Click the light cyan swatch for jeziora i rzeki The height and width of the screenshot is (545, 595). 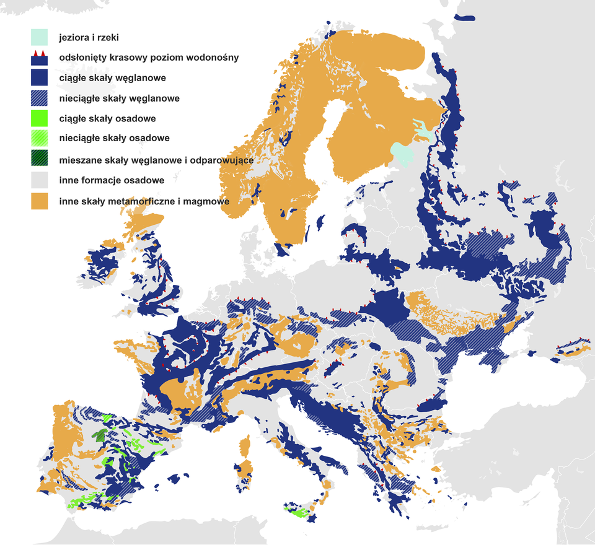click(40, 37)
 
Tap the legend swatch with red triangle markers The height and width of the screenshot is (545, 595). click(40, 58)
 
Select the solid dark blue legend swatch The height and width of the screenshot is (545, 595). click(40, 78)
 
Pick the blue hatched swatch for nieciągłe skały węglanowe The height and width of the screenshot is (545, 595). click(40, 98)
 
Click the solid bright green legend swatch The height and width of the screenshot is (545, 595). click(40, 118)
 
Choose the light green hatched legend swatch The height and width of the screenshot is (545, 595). click(40, 138)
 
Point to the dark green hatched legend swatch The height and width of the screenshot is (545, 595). click(40, 160)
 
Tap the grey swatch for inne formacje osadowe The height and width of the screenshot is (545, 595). click(40, 180)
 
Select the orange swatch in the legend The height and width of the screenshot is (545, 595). click(40, 201)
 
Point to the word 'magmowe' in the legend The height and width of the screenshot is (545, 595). click(208, 202)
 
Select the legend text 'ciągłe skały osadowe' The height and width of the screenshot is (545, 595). click(107, 119)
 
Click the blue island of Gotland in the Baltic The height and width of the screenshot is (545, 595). click(320, 222)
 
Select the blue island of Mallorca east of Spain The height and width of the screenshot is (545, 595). click(181, 479)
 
